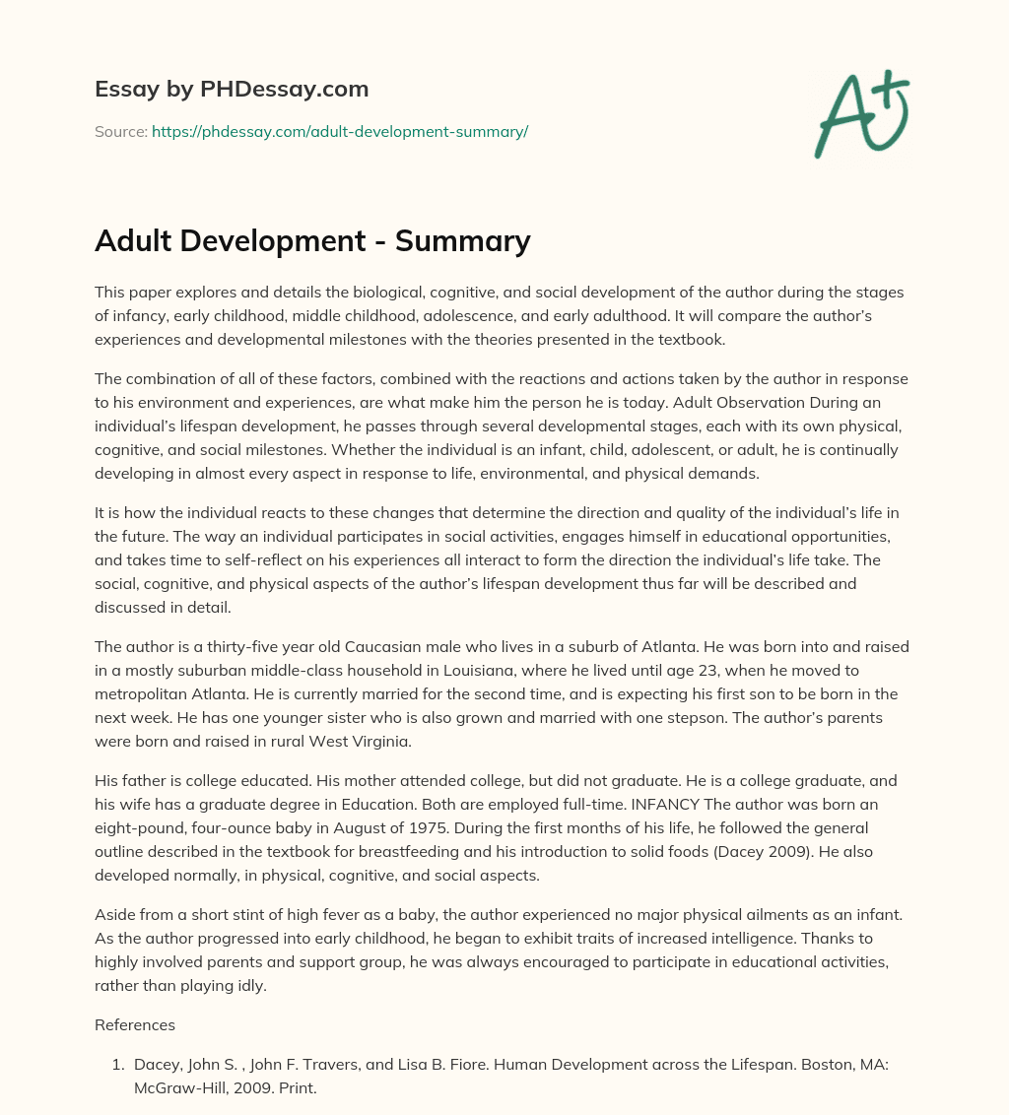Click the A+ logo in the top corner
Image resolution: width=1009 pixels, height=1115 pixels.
click(861, 114)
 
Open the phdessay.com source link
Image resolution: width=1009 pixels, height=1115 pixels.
click(340, 131)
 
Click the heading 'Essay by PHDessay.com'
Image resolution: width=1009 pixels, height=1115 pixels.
click(232, 89)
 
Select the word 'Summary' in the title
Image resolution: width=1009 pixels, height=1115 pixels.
click(463, 240)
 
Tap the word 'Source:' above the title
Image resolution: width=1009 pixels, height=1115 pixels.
click(120, 131)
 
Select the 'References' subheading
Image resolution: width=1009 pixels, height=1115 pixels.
click(135, 1024)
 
